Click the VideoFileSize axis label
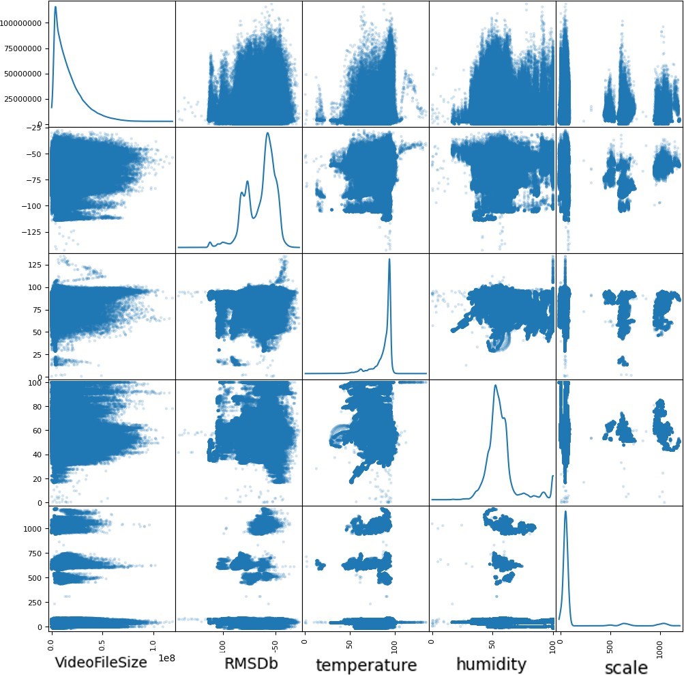click(100, 661)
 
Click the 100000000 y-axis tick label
click(24, 23)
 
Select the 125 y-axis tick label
click(39, 265)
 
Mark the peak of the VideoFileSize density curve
click(55, 7)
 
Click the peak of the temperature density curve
click(389, 259)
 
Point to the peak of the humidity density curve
click(495, 385)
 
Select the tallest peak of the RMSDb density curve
click(267, 132)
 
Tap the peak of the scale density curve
click(565, 511)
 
